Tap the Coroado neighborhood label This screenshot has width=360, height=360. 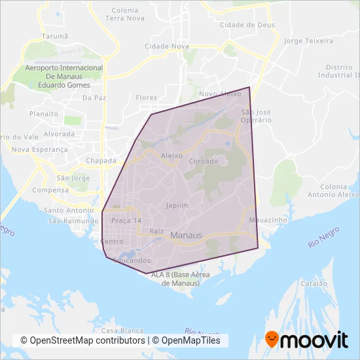(203, 160)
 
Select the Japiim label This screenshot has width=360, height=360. (177, 205)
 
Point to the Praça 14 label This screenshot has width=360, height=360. (126, 221)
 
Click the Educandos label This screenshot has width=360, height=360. (132, 261)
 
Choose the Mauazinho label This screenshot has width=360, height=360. (268, 221)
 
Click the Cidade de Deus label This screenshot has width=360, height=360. (247, 25)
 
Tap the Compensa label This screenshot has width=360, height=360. (52, 190)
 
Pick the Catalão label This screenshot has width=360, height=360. (314, 284)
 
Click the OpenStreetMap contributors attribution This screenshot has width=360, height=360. (83, 340)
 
